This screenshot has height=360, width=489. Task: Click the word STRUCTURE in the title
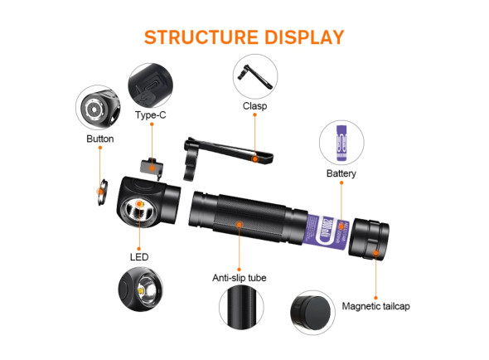point(201,37)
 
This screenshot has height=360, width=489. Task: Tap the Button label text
point(100,139)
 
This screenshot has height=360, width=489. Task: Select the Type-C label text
point(151,115)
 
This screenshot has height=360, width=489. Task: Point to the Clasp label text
point(254,106)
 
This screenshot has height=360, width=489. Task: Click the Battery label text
point(341,173)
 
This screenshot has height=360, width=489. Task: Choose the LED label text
point(139,257)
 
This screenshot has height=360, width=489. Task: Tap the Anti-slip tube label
point(240,278)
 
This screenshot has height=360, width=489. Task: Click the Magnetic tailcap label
point(375,306)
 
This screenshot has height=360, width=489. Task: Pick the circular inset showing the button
point(98,107)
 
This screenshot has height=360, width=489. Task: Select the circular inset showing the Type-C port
point(150,85)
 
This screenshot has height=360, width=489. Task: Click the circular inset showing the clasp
point(255,76)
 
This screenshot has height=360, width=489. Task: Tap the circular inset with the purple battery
point(341,143)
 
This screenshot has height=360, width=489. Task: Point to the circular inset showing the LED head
point(141,289)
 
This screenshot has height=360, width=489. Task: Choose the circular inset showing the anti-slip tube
point(241,307)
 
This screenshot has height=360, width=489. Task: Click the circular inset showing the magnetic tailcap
point(312,313)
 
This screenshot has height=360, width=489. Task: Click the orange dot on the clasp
point(254,159)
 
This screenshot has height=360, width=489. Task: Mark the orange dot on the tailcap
point(376,253)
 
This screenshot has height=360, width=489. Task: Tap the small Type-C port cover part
point(153,167)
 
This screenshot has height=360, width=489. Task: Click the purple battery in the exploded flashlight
point(326,231)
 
